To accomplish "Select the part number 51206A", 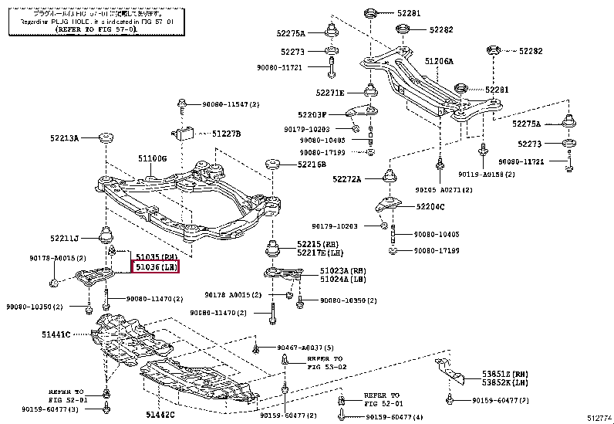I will click(x=439, y=61).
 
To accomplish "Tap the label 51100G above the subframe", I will click(x=153, y=158).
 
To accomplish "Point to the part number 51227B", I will click(x=227, y=134).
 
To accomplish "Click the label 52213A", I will click(x=65, y=139).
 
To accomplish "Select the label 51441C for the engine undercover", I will click(x=56, y=334).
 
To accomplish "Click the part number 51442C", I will click(x=160, y=416).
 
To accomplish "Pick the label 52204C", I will click(x=430, y=207).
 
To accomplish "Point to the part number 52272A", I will click(x=348, y=179).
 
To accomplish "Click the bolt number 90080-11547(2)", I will click(x=231, y=103).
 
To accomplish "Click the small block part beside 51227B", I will click(x=186, y=131).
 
